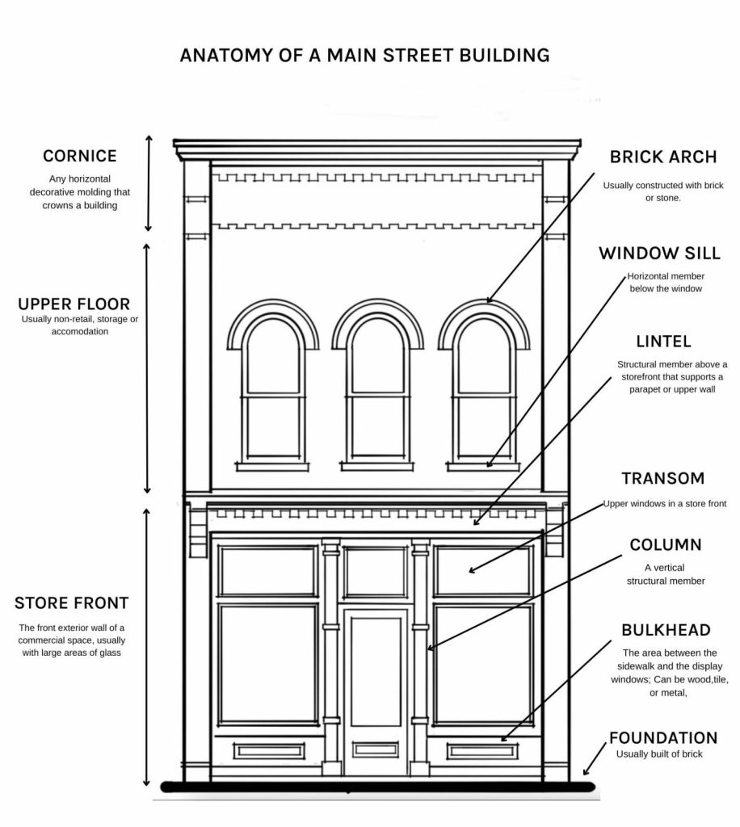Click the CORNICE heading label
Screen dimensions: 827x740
tap(80, 156)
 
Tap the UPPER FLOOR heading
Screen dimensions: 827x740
tap(74, 304)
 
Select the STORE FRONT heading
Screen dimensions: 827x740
tap(72, 602)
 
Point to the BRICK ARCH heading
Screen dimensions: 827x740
tap(663, 157)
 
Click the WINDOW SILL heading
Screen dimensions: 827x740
tap(659, 254)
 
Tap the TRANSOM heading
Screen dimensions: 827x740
tap(662, 479)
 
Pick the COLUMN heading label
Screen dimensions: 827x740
tap(666, 545)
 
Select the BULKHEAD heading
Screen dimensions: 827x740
tap(666, 630)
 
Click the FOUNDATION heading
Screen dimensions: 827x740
tap(662, 737)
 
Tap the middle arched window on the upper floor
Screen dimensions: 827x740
tap(377, 388)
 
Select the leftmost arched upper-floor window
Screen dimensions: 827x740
tap(273, 388)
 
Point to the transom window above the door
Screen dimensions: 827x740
tap(376, 572)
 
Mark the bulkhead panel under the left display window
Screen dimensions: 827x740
tap(268, 751)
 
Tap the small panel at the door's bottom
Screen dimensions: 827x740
tap(376, 750)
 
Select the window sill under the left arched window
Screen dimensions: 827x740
tap(273, 466)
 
